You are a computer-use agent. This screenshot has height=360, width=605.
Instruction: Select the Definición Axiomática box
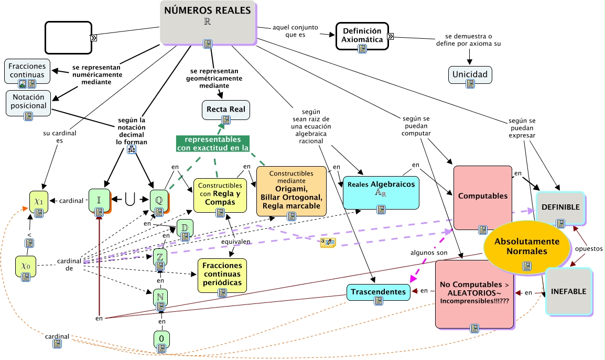(x=362, y=35)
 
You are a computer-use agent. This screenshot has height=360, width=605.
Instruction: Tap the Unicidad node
(x=470, y=74)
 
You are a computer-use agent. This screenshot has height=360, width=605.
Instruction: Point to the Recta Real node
(x=226, y=109)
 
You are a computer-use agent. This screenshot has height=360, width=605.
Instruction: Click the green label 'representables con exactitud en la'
(x=212, y=144)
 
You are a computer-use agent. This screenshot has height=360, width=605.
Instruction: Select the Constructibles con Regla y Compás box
(x=220, y=194)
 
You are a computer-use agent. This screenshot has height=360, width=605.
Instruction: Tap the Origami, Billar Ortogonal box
(x=290, y=191)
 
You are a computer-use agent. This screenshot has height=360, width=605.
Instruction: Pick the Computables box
(x=482, y=196)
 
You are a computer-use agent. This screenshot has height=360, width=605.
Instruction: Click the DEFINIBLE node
(x=560, y=208)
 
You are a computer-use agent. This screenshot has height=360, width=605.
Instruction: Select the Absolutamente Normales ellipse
(x=526, y=247)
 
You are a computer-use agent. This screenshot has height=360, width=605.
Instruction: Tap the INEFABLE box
(x=568, y=291)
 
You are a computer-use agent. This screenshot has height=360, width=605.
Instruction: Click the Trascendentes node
(x=377, y=292)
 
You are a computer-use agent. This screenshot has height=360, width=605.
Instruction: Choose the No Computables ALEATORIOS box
(x=474, y=292)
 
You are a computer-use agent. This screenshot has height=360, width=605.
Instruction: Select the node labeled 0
(x=161, y=339)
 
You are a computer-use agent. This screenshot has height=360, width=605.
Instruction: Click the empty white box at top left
(x=68, y=37)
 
